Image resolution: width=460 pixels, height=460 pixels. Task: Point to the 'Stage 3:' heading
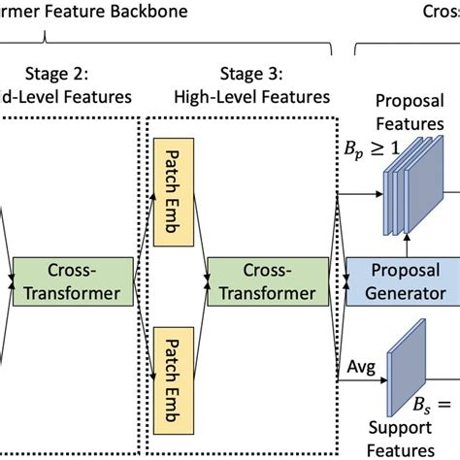pyautogui.click(x=251, y=74)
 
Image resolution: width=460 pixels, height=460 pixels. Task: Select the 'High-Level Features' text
pyautogui.click(x=251, y=97)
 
